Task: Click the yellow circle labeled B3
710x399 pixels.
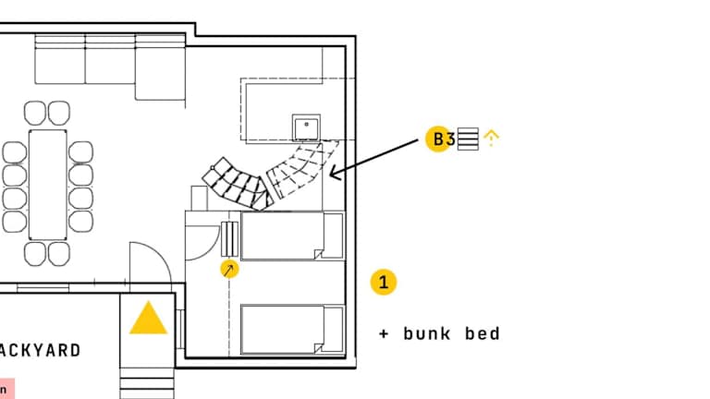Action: tap(438, 139)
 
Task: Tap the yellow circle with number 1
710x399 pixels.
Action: tap(384, 282)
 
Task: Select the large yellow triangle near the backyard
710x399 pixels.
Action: tap(148, 319)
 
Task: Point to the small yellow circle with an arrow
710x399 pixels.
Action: tap(229, 269)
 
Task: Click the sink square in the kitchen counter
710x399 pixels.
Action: tap(306, 127)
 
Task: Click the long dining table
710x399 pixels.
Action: tap(48, 183)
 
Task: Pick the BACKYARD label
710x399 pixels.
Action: tap(42, 350)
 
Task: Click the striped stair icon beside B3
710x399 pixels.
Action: tap(468, 139)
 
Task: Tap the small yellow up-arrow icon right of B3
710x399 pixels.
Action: tap(492, 139)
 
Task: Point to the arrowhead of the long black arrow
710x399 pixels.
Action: tap(333, 173)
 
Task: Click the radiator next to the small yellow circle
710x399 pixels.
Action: tap(229, 238)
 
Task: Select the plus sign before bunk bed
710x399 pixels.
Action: tap(384, 333)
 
